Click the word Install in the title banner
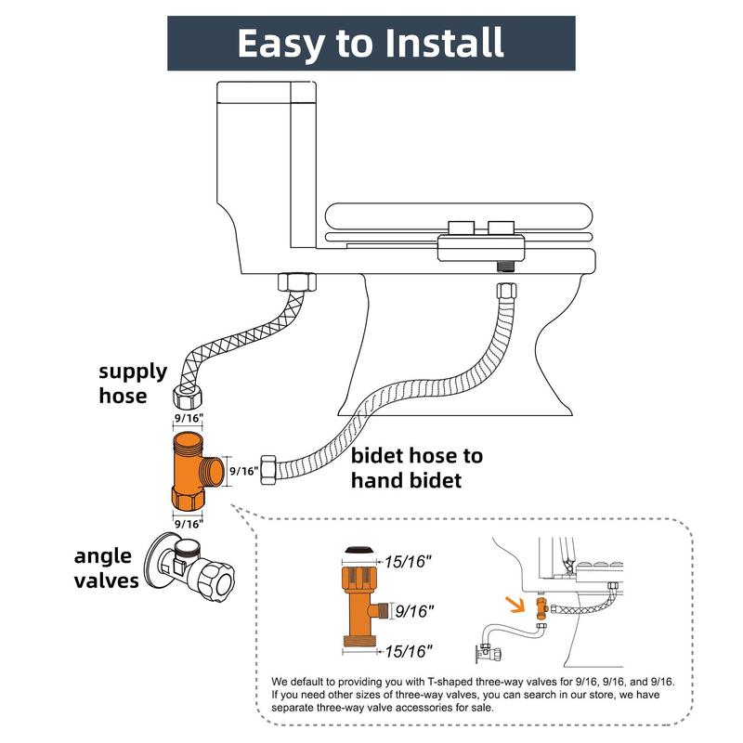click(x=435, y=43)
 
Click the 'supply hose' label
click(x=133, y=384)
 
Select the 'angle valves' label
click(x=107, y=568)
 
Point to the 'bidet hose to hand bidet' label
click(x=417, y=468)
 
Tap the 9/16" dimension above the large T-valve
click(x=189, y=419)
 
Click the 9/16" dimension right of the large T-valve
click(x=242, y=471)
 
